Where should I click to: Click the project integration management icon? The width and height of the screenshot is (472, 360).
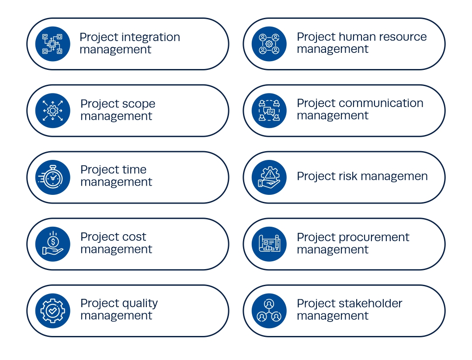[53, 44]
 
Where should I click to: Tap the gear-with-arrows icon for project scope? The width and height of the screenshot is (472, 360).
[53, 111]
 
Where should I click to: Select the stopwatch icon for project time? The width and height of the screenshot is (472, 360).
[53, 177]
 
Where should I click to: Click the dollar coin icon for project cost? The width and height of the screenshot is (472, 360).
[53, 244]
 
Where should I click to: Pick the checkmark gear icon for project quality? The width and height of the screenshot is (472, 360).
[53, 311]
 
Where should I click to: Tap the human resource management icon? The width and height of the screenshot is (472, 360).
[269, 44]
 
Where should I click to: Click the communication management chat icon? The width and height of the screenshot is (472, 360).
[269, 111]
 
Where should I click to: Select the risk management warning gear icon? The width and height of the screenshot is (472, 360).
[269, 177]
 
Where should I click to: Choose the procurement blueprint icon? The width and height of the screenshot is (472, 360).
[269, 244]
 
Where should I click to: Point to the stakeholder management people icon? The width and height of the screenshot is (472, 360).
[269, 311]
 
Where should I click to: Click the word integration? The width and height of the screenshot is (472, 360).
[150, 38]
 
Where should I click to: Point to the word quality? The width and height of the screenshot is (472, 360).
[139, 304]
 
